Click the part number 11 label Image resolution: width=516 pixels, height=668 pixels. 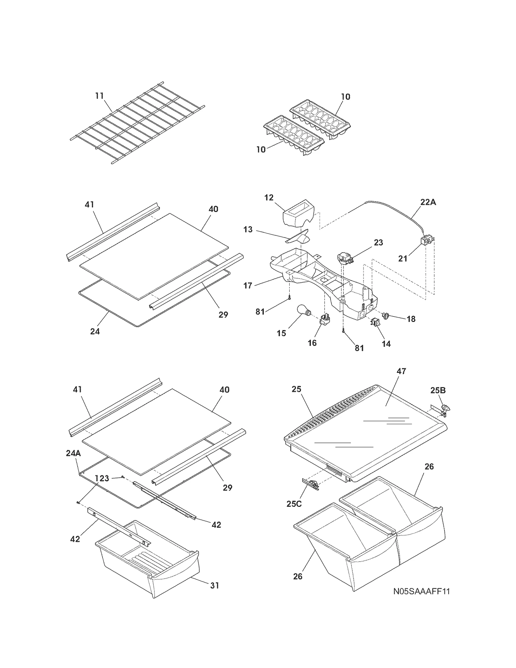click(x=99, y=96)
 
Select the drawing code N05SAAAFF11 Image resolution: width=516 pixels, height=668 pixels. click(x=422, y=591)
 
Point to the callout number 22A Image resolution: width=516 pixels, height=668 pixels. click(x=428, y=202)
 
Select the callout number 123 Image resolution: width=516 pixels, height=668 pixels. click(x=102, y=478)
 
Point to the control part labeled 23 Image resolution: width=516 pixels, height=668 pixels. click(x=342, y=258)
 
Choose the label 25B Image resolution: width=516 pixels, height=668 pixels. click(x=438, y=391)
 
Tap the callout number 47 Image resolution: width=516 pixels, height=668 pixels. click(x=401, y=371)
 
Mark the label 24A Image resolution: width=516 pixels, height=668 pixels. click(x=73, y=453)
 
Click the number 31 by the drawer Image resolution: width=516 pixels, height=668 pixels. click(x=215, y=585)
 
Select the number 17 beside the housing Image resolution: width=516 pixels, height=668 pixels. click(x=248, y=285)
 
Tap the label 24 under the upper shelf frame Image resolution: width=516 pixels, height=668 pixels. click(x=95, y=331)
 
